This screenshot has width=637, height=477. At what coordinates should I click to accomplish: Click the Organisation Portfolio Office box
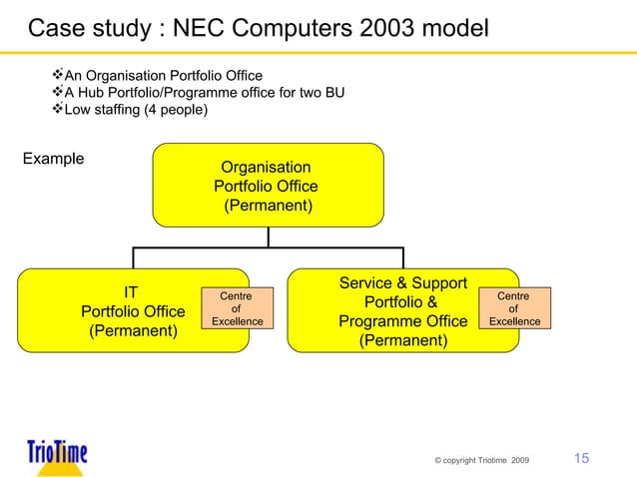[268, 186]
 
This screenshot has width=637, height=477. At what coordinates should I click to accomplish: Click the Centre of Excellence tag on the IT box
[235, 308]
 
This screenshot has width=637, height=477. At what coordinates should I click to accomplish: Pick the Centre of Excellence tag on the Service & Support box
[513, 308]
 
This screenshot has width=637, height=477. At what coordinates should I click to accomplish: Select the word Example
[53, 159]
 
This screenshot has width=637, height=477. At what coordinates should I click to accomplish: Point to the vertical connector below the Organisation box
[268, 237]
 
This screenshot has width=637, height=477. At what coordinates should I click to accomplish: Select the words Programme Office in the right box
[402, 321]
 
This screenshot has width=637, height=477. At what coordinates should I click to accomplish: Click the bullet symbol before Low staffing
[57, 109]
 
